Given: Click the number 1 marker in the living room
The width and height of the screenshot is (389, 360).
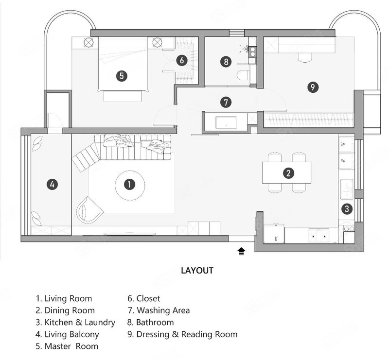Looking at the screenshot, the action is (129, 185).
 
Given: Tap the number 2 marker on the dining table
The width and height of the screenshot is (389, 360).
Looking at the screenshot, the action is (288, 173).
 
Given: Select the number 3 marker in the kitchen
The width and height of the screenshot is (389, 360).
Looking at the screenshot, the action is (347, 209).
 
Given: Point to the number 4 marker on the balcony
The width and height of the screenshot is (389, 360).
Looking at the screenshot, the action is (52, 184).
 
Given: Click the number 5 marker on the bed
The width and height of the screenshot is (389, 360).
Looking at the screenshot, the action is (122, 76).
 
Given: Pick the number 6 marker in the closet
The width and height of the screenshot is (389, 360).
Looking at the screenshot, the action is (182, 60).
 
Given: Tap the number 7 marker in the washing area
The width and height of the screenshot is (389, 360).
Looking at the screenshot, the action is (226, 102).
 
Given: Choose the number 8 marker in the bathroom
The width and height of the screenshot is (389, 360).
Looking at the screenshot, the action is (226, 62).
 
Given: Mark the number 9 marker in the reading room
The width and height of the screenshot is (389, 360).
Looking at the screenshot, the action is (313, 87).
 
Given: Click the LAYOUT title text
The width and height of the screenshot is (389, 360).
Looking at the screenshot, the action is (197, 270).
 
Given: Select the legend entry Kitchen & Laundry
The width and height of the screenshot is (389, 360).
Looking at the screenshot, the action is (75, 322).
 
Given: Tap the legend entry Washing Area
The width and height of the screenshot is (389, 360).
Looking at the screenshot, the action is (159, 310).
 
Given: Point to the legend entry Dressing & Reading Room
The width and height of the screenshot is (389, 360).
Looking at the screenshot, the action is (182, 334).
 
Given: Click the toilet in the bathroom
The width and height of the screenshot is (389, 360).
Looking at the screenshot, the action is (243, 75).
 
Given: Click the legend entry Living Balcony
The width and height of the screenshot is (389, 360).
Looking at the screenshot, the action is (67, 334).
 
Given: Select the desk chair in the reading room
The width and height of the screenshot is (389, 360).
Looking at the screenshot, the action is (305, 57).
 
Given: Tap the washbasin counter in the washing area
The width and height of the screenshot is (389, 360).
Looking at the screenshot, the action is (226, 122).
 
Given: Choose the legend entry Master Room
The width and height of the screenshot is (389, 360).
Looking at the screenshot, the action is (67, 346).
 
